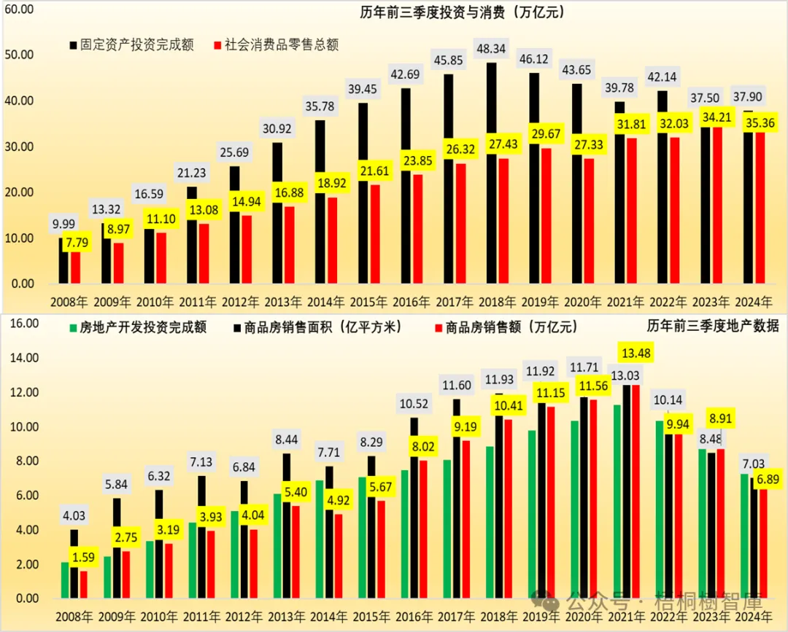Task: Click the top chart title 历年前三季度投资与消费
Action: tap(462, 12)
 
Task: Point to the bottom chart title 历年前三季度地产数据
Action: tap(712, 325)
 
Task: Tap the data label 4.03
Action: tap(74, 516)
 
